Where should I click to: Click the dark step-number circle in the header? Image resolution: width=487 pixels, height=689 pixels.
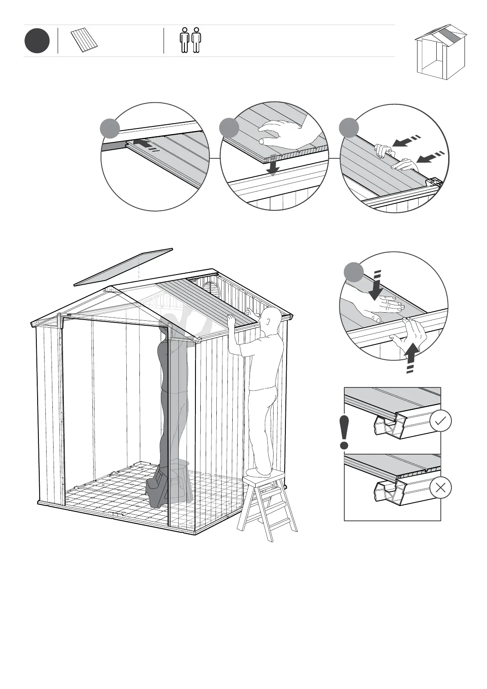37,41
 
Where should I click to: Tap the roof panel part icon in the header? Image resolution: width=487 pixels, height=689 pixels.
85,41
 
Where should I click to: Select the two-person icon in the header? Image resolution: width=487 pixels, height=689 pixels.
191,40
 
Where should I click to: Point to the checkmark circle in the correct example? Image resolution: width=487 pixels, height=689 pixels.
441,421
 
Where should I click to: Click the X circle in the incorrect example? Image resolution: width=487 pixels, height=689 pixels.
441,488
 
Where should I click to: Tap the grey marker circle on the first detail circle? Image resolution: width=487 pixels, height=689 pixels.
110,128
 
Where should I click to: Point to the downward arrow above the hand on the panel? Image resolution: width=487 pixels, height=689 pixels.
375,285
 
